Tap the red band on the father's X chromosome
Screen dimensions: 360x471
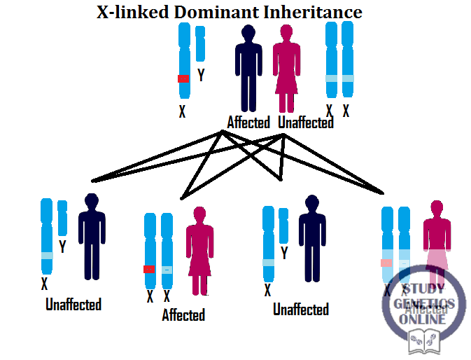(183, 78)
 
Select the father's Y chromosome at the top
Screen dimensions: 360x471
(200, 43)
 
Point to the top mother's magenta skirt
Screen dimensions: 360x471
(286, 78)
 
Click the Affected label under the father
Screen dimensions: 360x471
(248, 123)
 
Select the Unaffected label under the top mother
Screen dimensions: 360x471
(306, 123)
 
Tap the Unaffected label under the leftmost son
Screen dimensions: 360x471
(73, 305)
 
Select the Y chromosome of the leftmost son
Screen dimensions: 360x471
(62, 218)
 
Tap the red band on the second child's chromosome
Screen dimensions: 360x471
(149, 270)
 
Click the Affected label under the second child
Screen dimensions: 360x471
(183, 315)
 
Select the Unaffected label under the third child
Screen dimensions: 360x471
(301, 309)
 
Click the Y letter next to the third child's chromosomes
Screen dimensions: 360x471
(284, 254)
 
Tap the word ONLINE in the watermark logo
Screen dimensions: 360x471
(423, 319)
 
